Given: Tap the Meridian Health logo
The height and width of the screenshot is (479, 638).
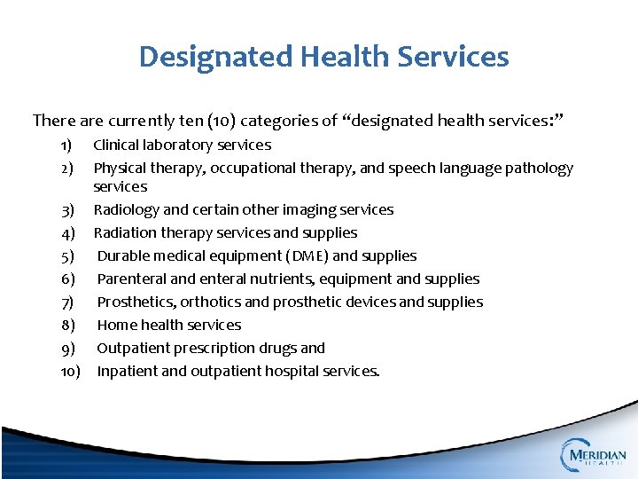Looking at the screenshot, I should [593, 454].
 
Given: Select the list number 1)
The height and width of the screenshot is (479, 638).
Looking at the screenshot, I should [66, 145].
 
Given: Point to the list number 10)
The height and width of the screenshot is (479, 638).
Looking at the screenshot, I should [70, 372].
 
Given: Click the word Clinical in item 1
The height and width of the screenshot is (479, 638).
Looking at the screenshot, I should [116, 145].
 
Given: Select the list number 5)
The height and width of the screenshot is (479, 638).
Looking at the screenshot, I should [67, 256].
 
